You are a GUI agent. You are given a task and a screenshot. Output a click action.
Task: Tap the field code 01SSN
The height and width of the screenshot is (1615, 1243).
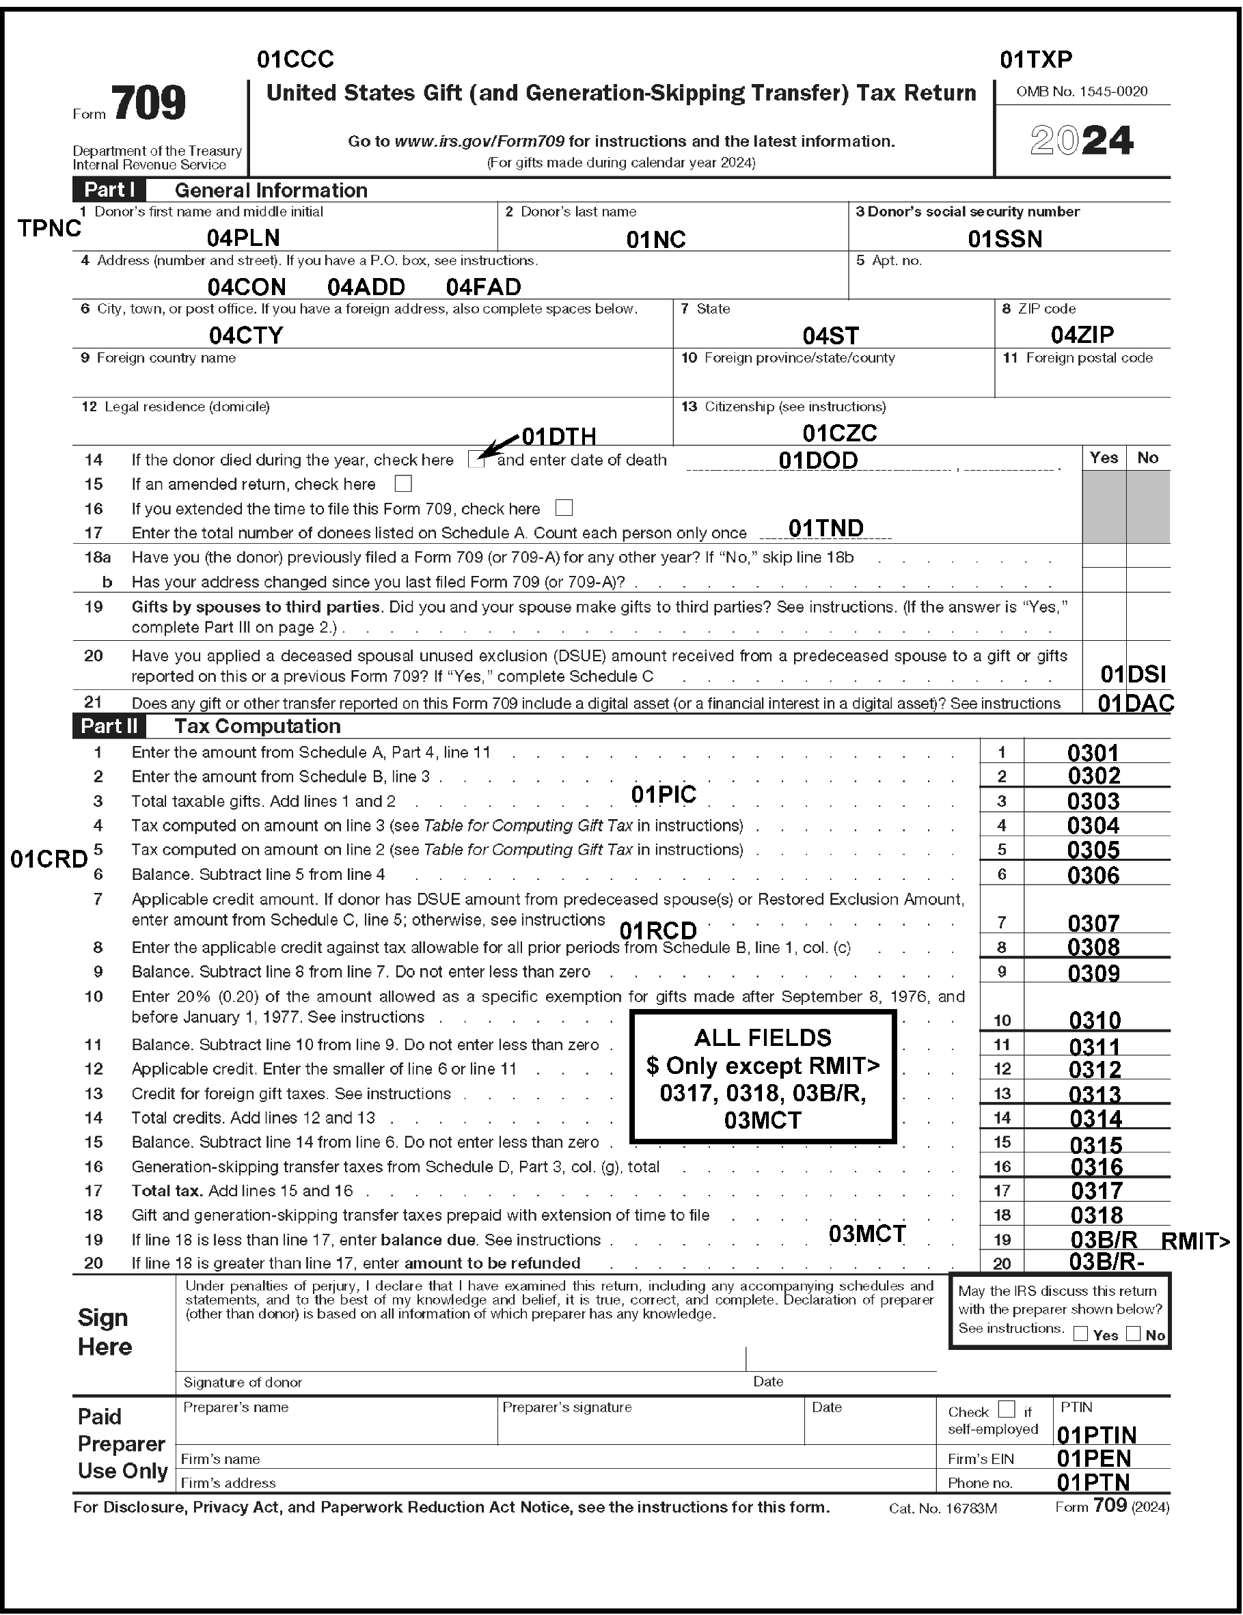[1005, 239]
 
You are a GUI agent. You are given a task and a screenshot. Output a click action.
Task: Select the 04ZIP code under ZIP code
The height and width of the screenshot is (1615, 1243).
[1082, 335]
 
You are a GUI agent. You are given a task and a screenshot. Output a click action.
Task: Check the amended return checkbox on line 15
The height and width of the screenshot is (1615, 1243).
[403, 484]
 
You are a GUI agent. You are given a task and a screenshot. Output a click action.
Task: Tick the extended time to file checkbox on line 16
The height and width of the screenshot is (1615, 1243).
[564, 508]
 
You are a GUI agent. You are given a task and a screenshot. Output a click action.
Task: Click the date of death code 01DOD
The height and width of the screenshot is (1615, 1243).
[817, 460]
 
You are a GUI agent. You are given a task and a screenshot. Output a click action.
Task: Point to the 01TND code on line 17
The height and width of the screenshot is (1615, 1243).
[825, 528]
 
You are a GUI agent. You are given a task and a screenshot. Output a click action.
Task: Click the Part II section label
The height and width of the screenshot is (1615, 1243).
[109, 726]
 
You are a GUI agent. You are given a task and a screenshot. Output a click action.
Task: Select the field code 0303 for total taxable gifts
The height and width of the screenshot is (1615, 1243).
[1093, 801]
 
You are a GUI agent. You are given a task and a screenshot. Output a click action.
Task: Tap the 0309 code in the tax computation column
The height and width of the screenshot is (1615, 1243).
[1093, 973]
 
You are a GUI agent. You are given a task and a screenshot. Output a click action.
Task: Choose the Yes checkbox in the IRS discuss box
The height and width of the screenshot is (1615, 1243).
[1081, 1334]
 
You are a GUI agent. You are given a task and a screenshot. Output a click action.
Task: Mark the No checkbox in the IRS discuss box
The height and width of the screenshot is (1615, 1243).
[1133, 1334]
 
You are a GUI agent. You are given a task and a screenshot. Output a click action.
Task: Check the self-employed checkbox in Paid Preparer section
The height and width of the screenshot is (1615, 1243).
[1007, 1409]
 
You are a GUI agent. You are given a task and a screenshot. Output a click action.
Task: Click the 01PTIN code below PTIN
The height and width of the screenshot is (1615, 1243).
[1097, 1435]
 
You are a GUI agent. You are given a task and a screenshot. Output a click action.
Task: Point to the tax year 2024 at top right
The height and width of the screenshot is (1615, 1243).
[1082, 141]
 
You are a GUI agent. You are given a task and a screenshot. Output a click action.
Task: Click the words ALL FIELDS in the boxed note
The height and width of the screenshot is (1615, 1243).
[762, 1038]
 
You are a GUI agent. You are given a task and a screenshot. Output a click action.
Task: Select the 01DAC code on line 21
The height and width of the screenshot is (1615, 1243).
[1136, 703]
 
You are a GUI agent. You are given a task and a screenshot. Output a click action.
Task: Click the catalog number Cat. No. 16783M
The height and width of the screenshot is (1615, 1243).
[942, 1508]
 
